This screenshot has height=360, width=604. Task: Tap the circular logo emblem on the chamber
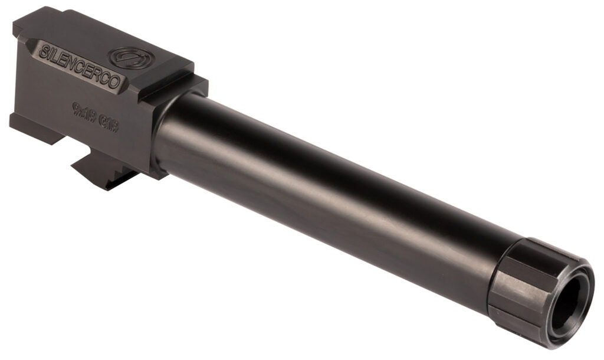pyautogui.click(x=128, y=57)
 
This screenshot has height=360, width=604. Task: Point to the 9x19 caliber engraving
pyautogui.click(x=84, y=109)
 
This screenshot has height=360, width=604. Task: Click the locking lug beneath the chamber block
pyautogui.click(x=101, y=172)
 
